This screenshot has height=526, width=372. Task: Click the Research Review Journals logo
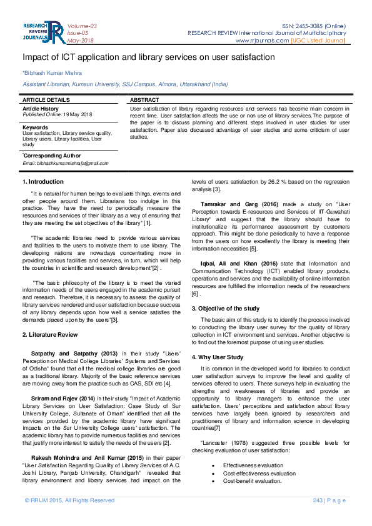pyautogui.click(x=43, y=32)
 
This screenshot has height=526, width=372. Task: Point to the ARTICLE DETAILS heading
pyautogui.click(x=46, y=100)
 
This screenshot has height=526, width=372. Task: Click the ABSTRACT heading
pyautogui.click(x=144, y=100)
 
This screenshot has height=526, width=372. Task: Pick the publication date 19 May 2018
pyautogui.click(x=77, y=114)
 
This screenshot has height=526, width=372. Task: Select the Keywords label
pyautogui.click(x=35, y=127)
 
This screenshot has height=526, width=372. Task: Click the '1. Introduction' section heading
pyautogui.click(x=43, y=182)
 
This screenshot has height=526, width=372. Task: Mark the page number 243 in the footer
pyautogui.click(x=318, y=500)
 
